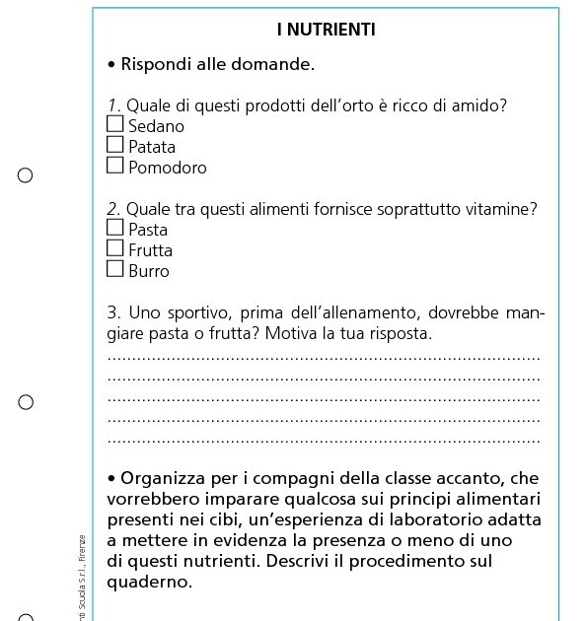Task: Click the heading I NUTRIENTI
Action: point(326,30)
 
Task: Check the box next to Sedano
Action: point(115,125)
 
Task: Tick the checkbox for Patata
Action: point(115,146)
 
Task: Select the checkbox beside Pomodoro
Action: point(115,167)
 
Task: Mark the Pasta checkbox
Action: point(115,229)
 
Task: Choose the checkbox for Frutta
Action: point(115,249)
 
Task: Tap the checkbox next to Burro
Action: point(115,270)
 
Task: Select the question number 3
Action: point(112,313)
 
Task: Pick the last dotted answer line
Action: point(324,441)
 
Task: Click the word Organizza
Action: point(162,479)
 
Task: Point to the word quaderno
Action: point(149,582)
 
